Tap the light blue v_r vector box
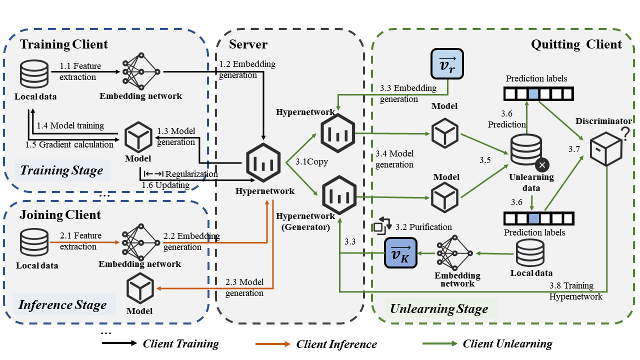click(x=446, y=64)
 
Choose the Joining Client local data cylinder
click(x=34, y=243)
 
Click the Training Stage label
click(x=61, y=170)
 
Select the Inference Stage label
click(x=62, y=304)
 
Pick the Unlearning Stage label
click(x=439, y=309)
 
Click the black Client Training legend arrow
click(x=119, y=344)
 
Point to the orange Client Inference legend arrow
click(x=272, y=344)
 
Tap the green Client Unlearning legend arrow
click(x=439, y=344)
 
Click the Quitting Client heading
click(x=576, y=44)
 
